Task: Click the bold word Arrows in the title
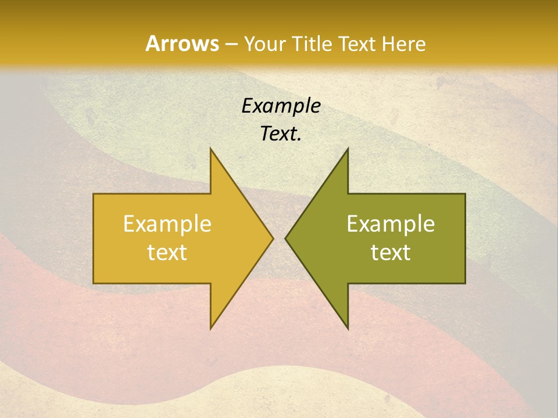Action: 183,44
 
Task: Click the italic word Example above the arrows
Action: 281,106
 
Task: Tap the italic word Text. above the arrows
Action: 281,134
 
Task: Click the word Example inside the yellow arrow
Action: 167,224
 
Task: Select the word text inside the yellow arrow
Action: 167,253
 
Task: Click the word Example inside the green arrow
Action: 391,224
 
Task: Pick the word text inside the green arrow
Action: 391,253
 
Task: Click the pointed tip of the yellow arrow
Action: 273,238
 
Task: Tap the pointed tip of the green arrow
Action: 285,238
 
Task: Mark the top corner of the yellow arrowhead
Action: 210,149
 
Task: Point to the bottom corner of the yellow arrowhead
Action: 210,329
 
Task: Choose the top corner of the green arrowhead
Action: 348,149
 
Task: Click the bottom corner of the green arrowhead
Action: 348,329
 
